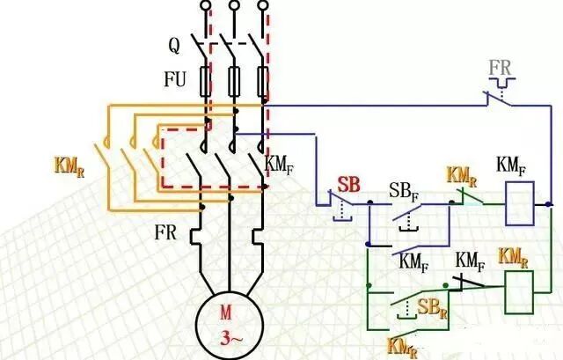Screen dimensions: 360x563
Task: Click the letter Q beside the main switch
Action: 174,43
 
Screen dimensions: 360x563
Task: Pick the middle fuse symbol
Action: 234,83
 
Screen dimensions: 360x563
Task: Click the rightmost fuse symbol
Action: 262,83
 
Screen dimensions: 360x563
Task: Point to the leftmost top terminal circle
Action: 206,7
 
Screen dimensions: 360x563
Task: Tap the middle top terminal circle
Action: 234,7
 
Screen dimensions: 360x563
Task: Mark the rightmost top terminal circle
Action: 262,7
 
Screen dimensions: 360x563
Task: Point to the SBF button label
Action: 404,191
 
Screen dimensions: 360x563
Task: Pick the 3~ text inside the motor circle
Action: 228,334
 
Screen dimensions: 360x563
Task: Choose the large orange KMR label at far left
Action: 70,164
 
